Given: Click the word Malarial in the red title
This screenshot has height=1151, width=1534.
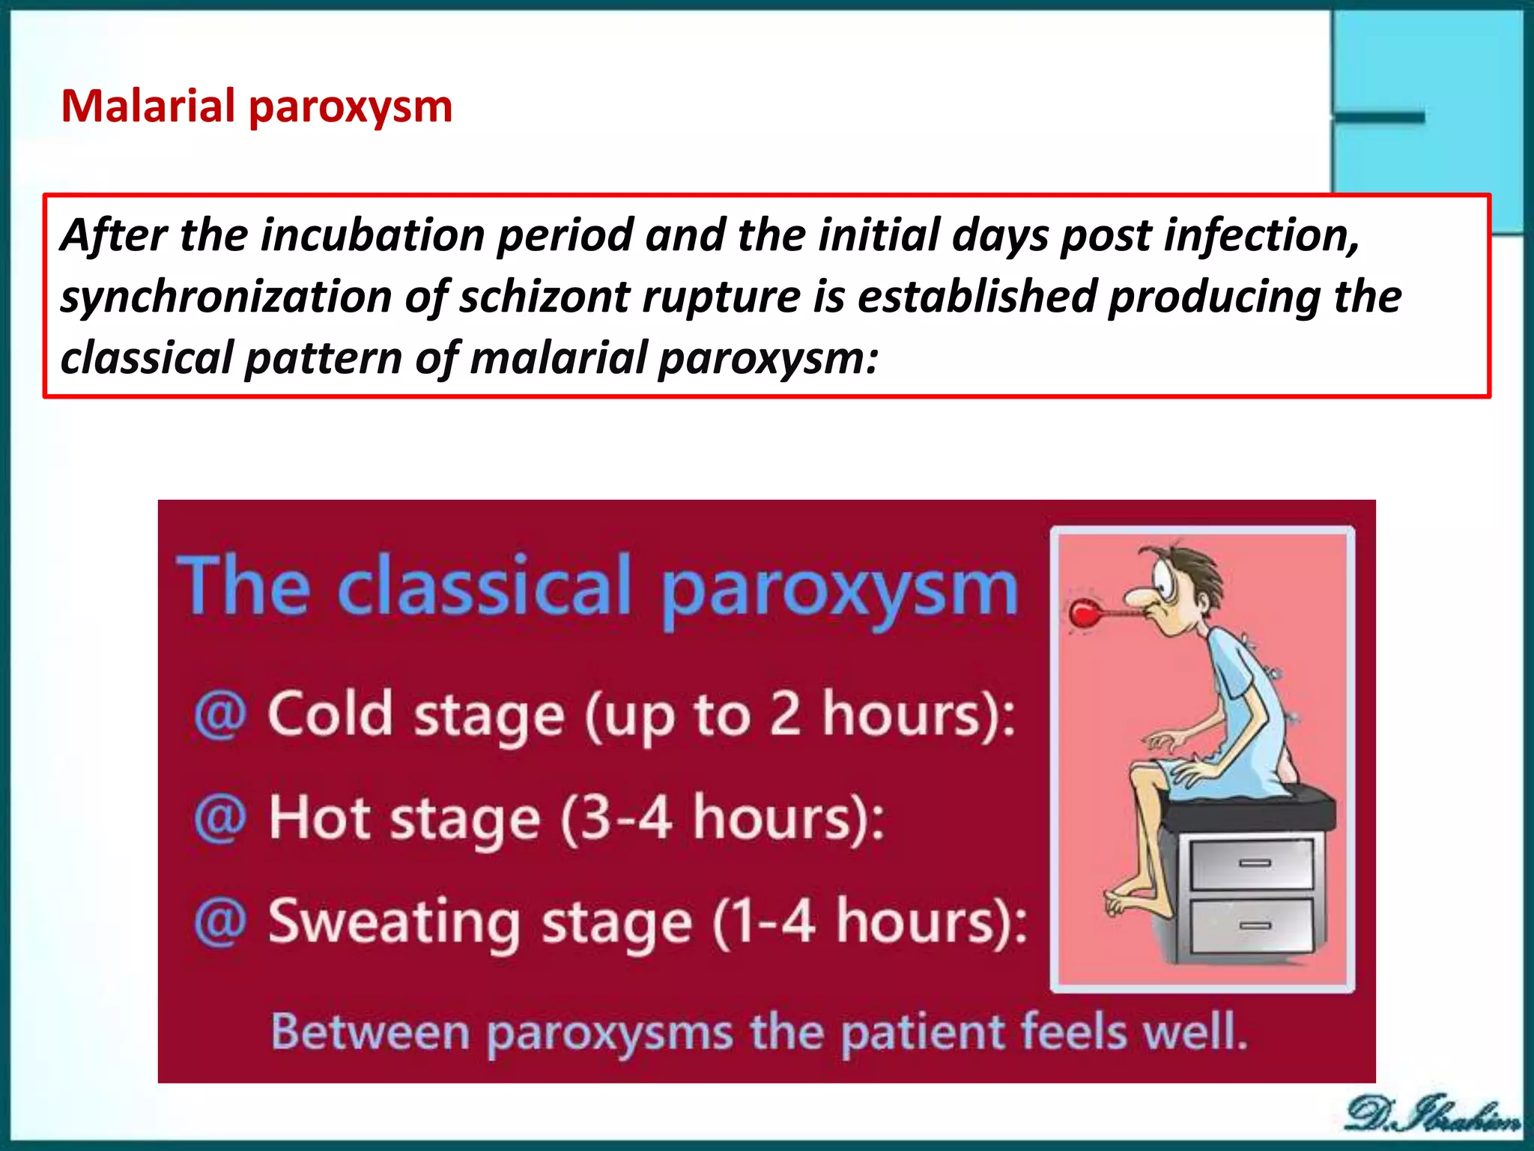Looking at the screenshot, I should [x=148, y=106].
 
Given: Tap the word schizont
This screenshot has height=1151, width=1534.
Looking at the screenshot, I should [x=545, y=297].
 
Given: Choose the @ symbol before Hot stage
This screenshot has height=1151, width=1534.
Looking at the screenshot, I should [x=219, y=818].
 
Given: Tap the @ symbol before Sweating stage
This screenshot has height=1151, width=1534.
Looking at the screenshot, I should [x=219, y=922].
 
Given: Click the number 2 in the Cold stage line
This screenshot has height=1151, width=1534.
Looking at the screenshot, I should [x=786, y=714].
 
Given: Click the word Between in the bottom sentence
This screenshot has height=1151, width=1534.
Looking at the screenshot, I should [x=370, y=1032].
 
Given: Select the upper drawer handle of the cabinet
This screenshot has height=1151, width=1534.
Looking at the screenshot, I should [x=1255, y=863].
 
